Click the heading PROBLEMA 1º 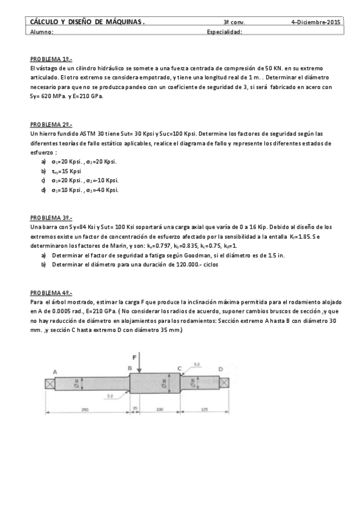(x=51, y=60)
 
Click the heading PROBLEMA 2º (x=51, y=124)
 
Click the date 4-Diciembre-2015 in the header (x=316, y=22)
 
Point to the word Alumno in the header (x=41, y=32)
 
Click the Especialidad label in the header (x=224, y=32)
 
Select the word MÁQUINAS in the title (x=123, y=22)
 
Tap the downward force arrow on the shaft (x=139, y=364)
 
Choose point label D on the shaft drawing (x=220, y=369)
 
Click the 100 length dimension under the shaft (x=160, y=410)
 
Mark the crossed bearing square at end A (x=48, y=383)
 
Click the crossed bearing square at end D (x=224, y=383)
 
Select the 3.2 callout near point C (x=197, y=364)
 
